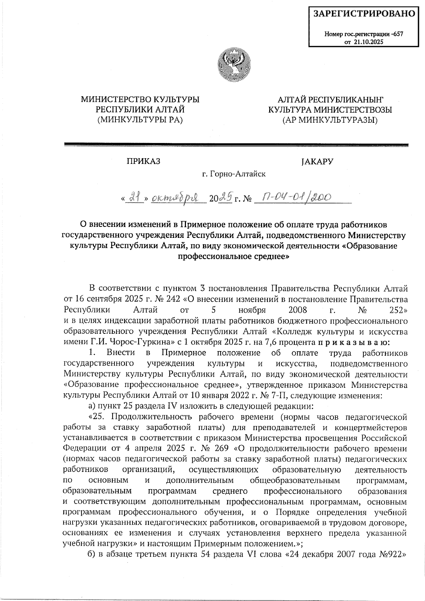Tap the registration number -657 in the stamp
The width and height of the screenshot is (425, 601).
[397, 35]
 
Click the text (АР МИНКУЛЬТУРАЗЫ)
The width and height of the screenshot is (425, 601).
[330, 120]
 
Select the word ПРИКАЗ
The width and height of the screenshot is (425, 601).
[143, 162]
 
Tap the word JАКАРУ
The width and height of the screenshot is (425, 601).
[316, 162]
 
